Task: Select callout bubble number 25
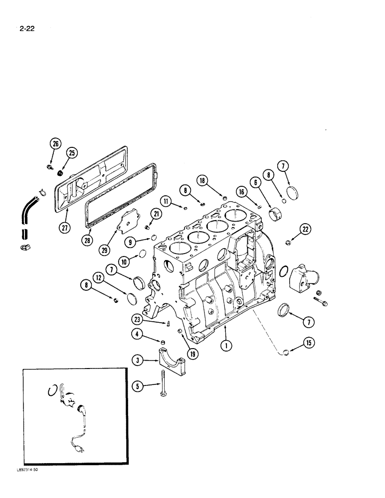click(x=72, y=152)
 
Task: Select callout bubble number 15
click(x=307, y=343)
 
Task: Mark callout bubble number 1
click(x=226, y=344)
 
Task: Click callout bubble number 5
click(x=138, y=385)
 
